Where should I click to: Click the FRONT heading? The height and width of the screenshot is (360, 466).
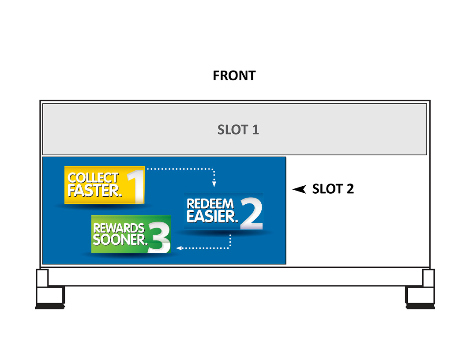coord(234,76)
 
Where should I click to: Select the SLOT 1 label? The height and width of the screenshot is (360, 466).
coord(238,130)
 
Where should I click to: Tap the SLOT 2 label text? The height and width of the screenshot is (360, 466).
coord(333,189)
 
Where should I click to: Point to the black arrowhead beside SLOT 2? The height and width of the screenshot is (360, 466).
coord(299,189)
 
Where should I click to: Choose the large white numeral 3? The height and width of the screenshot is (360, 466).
coord(158,238)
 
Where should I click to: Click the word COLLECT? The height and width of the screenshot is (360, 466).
coord(93,178)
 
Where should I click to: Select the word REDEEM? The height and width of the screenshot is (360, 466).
coord(210,204)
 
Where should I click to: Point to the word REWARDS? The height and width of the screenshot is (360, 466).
coord(119,228)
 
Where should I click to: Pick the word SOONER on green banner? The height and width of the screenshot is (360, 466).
coord(120,240)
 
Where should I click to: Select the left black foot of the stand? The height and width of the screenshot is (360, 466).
coord(50,305)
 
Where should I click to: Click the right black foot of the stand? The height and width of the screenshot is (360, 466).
coord(420,305)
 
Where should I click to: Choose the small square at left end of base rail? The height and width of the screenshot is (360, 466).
coord(42,278)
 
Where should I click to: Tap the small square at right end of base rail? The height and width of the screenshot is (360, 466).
coord(428,278)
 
